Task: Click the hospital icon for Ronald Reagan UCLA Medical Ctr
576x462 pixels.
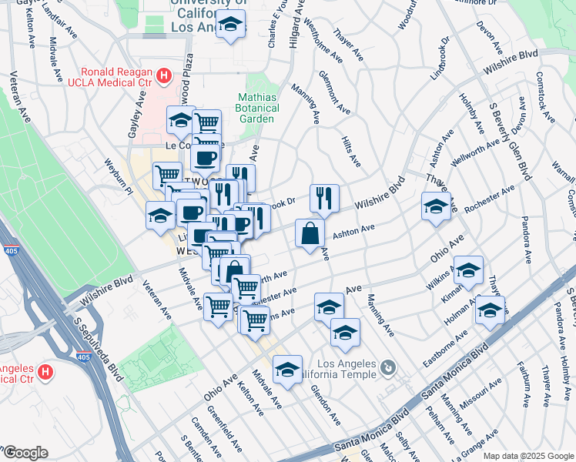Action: (x=163, y=75)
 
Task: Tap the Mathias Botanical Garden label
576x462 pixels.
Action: (x=256, y=108)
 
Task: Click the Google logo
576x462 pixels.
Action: (x=25, y=453)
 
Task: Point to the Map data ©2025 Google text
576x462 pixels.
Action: (x=527, y=456)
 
